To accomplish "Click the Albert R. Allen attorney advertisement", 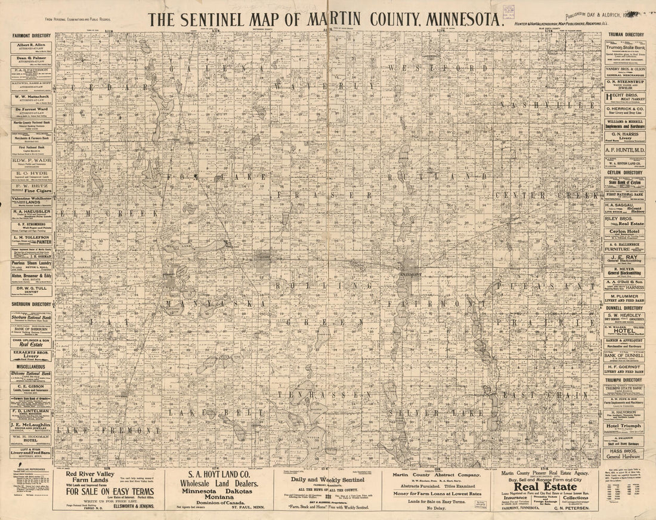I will pos(32,47).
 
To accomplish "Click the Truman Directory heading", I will pos(625,35).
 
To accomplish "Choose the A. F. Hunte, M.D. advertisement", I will pos(625,150).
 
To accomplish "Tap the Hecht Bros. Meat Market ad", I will pos(625,97).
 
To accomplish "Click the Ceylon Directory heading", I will pos(625,172).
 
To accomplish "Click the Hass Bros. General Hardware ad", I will pos(625,454).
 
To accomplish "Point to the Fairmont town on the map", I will pos(410,274).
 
